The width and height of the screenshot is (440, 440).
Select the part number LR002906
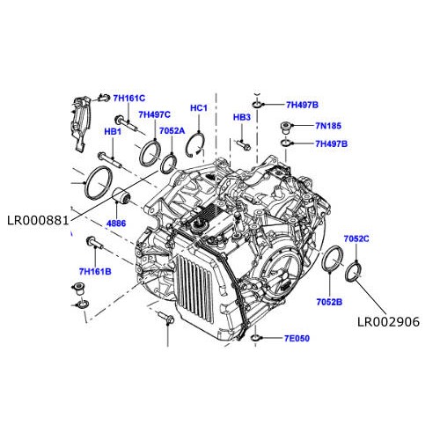point(388,323)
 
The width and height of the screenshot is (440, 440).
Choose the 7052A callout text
point(172,131)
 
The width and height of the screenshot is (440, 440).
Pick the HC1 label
point(198,108)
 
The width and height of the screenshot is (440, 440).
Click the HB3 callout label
point(242,117)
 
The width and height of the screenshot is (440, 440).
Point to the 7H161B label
point(94,272)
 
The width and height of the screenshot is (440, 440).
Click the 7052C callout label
point(356,238)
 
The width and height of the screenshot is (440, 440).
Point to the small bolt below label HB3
point(244,143)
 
